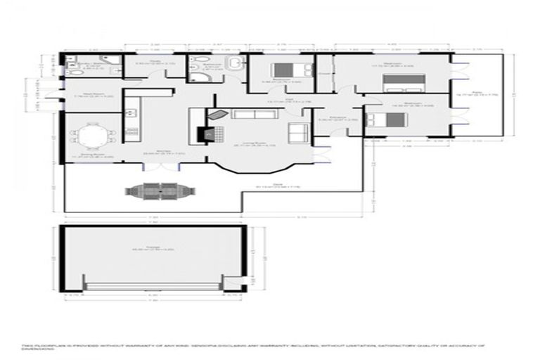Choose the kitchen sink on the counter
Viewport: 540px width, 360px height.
(x=130, y=111)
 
